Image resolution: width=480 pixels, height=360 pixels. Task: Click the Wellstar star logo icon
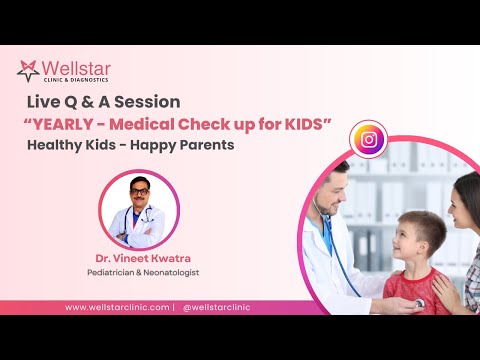[28, 71]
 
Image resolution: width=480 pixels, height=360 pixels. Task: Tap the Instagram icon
[368, 140]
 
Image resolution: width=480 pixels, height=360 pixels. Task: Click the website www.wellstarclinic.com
[117, 307]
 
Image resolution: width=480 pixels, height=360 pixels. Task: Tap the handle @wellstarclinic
[217, 307]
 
